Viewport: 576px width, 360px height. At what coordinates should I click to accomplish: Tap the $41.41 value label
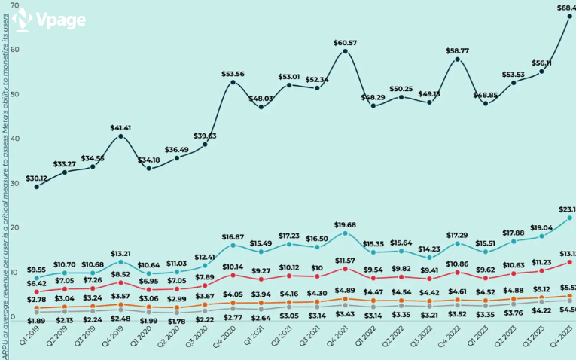coord(121,128)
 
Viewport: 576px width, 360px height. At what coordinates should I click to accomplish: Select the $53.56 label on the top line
coord(233,74)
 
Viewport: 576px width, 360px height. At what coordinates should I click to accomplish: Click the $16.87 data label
coord(233,236)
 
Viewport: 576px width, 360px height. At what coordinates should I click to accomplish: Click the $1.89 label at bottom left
coord(37,321)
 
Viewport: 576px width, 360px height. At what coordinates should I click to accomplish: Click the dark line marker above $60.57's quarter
coord(345,51)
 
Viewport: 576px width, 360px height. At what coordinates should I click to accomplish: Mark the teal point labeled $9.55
coord(37,279)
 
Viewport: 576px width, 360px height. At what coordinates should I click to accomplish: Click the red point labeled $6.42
coord(37,291)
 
